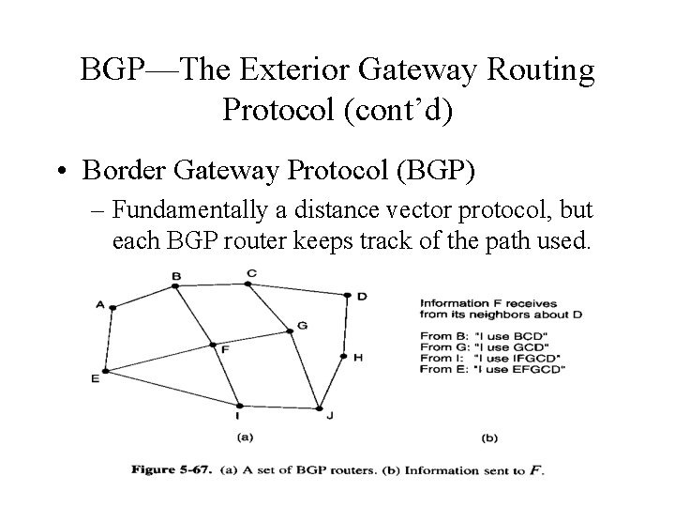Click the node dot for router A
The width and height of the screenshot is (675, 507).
pos(112,306)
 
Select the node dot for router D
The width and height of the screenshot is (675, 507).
pos(348,295)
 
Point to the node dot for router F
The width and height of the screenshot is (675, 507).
pos(213,345)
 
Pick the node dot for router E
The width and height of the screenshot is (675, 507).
pos(105,372)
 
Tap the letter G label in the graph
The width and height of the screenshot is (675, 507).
pos(302,326)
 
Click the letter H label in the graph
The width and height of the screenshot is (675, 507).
pos(358,357)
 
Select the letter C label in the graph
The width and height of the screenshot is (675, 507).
pos(250,272)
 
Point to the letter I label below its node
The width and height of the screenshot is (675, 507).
pos(237,415)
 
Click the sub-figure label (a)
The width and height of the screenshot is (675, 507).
pos(246,437)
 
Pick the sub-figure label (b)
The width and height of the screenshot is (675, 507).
pos(489,437)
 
